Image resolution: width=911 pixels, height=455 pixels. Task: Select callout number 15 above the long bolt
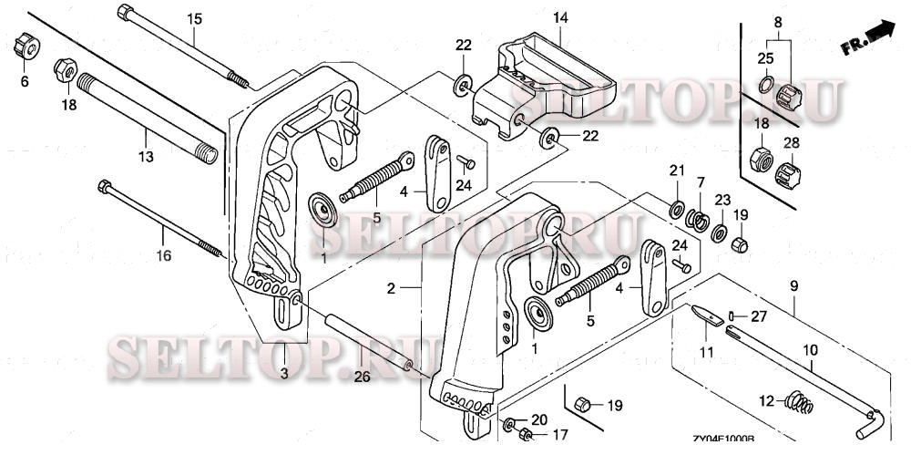(x=194, y=19)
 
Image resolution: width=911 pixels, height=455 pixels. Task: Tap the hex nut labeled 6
(x=25, y=47)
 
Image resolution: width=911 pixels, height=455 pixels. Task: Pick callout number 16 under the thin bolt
(x=163, y=257)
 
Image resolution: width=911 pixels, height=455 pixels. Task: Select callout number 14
(x=560, y=17)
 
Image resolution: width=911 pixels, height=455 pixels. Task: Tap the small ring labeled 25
(x=767, y=87)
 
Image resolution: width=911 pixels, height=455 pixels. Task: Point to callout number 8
(x=777, y=22)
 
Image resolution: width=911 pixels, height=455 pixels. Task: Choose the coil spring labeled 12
(x=797, y=400)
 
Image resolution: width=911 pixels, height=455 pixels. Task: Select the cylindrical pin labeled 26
(x=363, y=341)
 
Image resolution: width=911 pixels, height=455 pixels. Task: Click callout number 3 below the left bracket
(x=283, y=375)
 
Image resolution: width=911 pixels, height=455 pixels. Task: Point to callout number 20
(x=538, y=419)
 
